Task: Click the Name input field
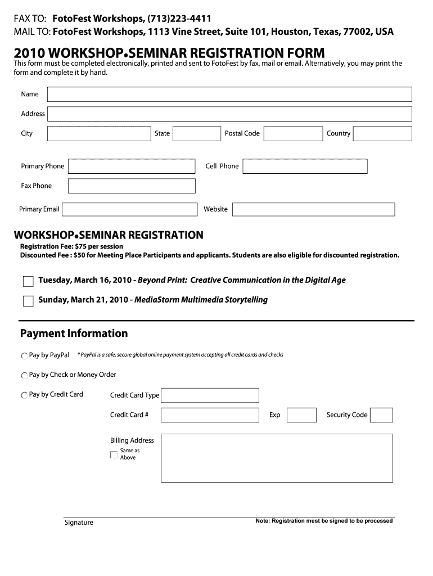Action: point(229,94)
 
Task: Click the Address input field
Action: point(229,114)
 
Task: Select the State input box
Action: point(197,134)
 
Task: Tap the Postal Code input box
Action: point(292,134)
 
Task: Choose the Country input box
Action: point(382,134)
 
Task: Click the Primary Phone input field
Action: point(132,166)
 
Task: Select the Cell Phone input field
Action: point(305,166)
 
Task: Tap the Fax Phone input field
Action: point(132,186)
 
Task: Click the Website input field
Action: point(313,209)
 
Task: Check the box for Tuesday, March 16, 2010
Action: point(28,281)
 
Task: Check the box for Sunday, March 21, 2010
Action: point(28,301)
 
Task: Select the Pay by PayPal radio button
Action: point(24,356)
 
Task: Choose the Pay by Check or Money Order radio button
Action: point(24,375)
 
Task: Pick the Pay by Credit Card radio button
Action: point(24,395)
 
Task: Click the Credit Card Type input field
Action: point(210,395)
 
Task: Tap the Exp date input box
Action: point(301,415)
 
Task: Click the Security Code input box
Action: point(382,415)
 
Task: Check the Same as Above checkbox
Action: point(114,454)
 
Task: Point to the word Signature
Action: point(79,523)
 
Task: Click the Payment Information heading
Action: point(74,334)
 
